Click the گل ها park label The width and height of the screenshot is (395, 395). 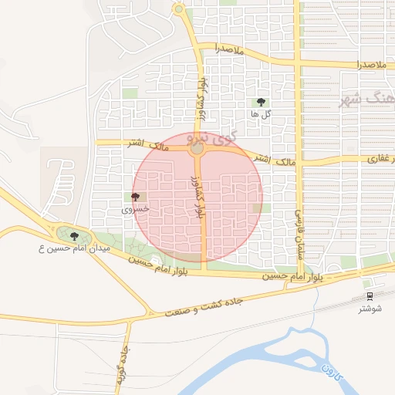click(x=260, y=114)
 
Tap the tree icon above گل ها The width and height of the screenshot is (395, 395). click(x=260, y=102)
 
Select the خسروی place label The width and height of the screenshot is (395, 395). click(x=136, y=209)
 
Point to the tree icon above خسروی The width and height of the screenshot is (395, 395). click(x=136, y=197)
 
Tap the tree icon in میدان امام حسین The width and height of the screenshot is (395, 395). click(x=74, y=236)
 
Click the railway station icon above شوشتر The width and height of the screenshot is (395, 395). click(x=370, y=295)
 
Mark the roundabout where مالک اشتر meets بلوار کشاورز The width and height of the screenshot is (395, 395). click(x=198, y=147)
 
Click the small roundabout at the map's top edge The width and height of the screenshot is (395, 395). click(x=179, y=9)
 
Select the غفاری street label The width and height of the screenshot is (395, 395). click(x=380, y=159)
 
